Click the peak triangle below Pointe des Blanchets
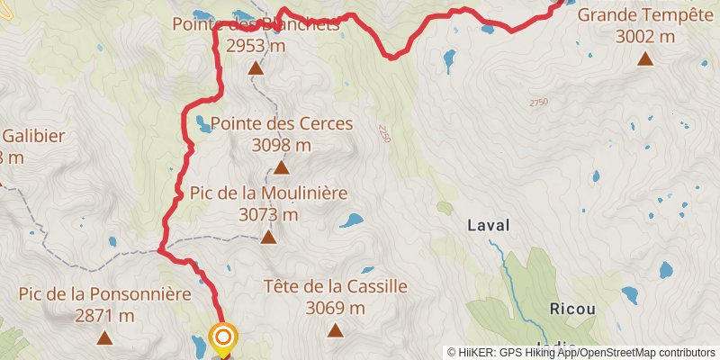[256, 68]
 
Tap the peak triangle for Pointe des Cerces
[281, 167]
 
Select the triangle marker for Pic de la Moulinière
[268, 238]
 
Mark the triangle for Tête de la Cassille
[336, 330]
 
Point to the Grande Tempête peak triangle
[645, 59]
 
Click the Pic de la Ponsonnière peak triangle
[104, 338]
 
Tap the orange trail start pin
[222, 338]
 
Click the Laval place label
[489, 225]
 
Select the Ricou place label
[572, 309]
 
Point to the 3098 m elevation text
[282, 144]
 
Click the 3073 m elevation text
[268, 214]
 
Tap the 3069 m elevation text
[336, 308]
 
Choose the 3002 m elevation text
[645, 37]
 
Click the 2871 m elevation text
[105, 316]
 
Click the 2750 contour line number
[538, 102]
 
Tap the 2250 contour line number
[385, 133]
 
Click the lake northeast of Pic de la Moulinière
[351, 220]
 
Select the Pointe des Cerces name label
[282, 123]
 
